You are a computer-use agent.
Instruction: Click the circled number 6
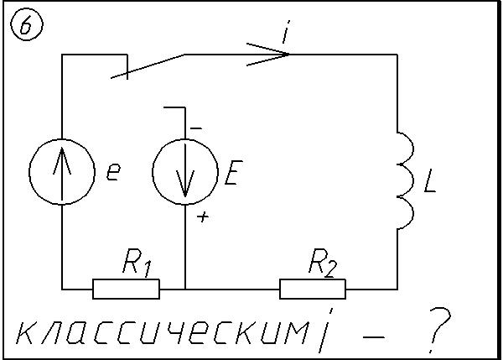[25, 27]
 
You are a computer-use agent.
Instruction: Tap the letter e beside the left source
[113, 174]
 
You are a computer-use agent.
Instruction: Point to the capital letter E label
[232, 174]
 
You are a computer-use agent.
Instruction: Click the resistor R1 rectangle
[126, 289]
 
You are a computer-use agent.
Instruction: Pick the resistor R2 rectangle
[313, 289]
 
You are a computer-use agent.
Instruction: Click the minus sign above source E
[195, 127]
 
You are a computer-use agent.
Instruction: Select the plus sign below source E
[202, 217]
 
